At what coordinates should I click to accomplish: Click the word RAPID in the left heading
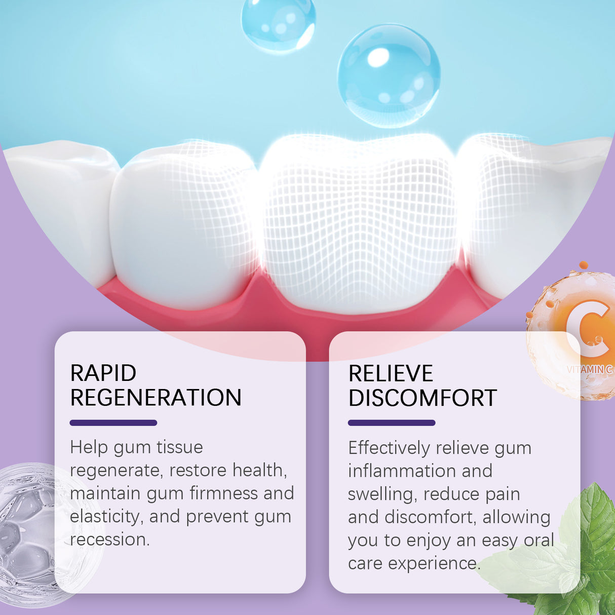tap(103, 373)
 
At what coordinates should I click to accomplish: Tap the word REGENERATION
tap(156, 398)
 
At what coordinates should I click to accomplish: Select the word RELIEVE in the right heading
tap(391, 374)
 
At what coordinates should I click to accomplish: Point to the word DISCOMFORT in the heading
tap(422, 398)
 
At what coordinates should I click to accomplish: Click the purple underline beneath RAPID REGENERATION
tap(113, 422)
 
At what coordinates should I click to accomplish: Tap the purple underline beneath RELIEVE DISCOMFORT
tap(391, 423)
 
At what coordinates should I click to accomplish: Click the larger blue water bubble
tap(389, 75)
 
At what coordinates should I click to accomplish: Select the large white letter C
tap(588, 328)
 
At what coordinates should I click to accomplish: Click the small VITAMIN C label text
tap(590, 369)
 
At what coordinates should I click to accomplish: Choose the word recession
tap(109, 540)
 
